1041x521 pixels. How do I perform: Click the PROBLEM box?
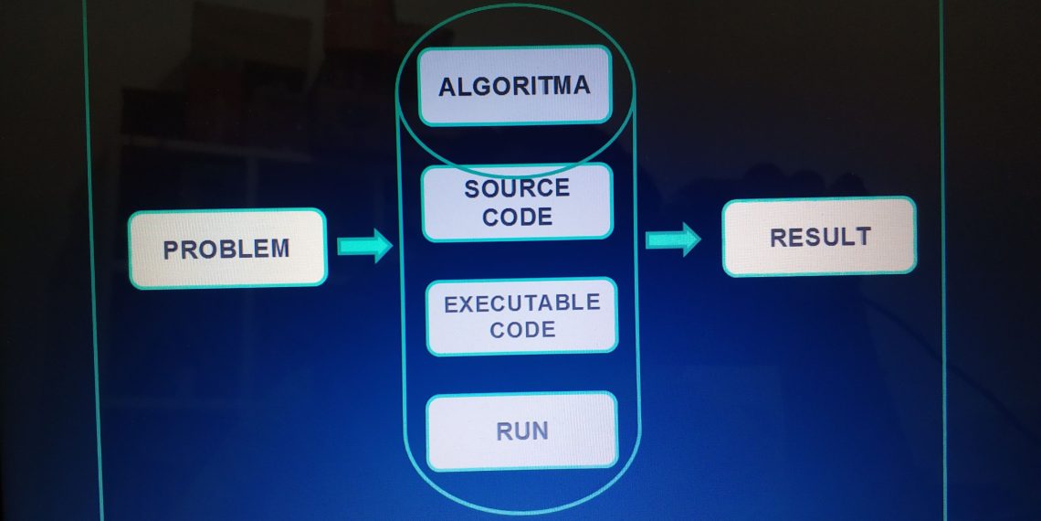coord(227,248)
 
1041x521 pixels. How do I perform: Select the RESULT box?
coord(819,236)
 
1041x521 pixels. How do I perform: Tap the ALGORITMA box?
coord(514,86)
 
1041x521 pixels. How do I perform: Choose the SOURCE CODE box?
coord(517,202)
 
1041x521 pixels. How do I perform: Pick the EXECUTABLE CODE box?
coord(521,316)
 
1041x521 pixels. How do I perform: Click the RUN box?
coord(521,431)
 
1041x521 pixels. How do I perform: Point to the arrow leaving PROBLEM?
coord(364,247)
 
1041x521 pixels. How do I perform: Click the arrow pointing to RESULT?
coord(673,239)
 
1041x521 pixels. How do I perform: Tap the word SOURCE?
coord(517,189)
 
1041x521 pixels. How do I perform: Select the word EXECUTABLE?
coord(522,303)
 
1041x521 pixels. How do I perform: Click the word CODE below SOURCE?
coord(517,217)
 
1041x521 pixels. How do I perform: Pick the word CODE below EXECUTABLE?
coord(522,329)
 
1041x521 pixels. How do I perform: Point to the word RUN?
coord(522,431)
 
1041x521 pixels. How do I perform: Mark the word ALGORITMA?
coord(514,86)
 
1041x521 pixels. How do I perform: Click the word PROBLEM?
coord(226,249)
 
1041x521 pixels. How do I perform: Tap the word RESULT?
coord(820,237)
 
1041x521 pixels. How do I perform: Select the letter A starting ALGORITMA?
coord(447,88)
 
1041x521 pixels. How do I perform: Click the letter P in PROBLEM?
coord(171,250)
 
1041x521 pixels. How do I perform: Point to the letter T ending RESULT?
coord(863,237)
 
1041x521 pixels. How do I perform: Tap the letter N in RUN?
coord(540,431)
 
